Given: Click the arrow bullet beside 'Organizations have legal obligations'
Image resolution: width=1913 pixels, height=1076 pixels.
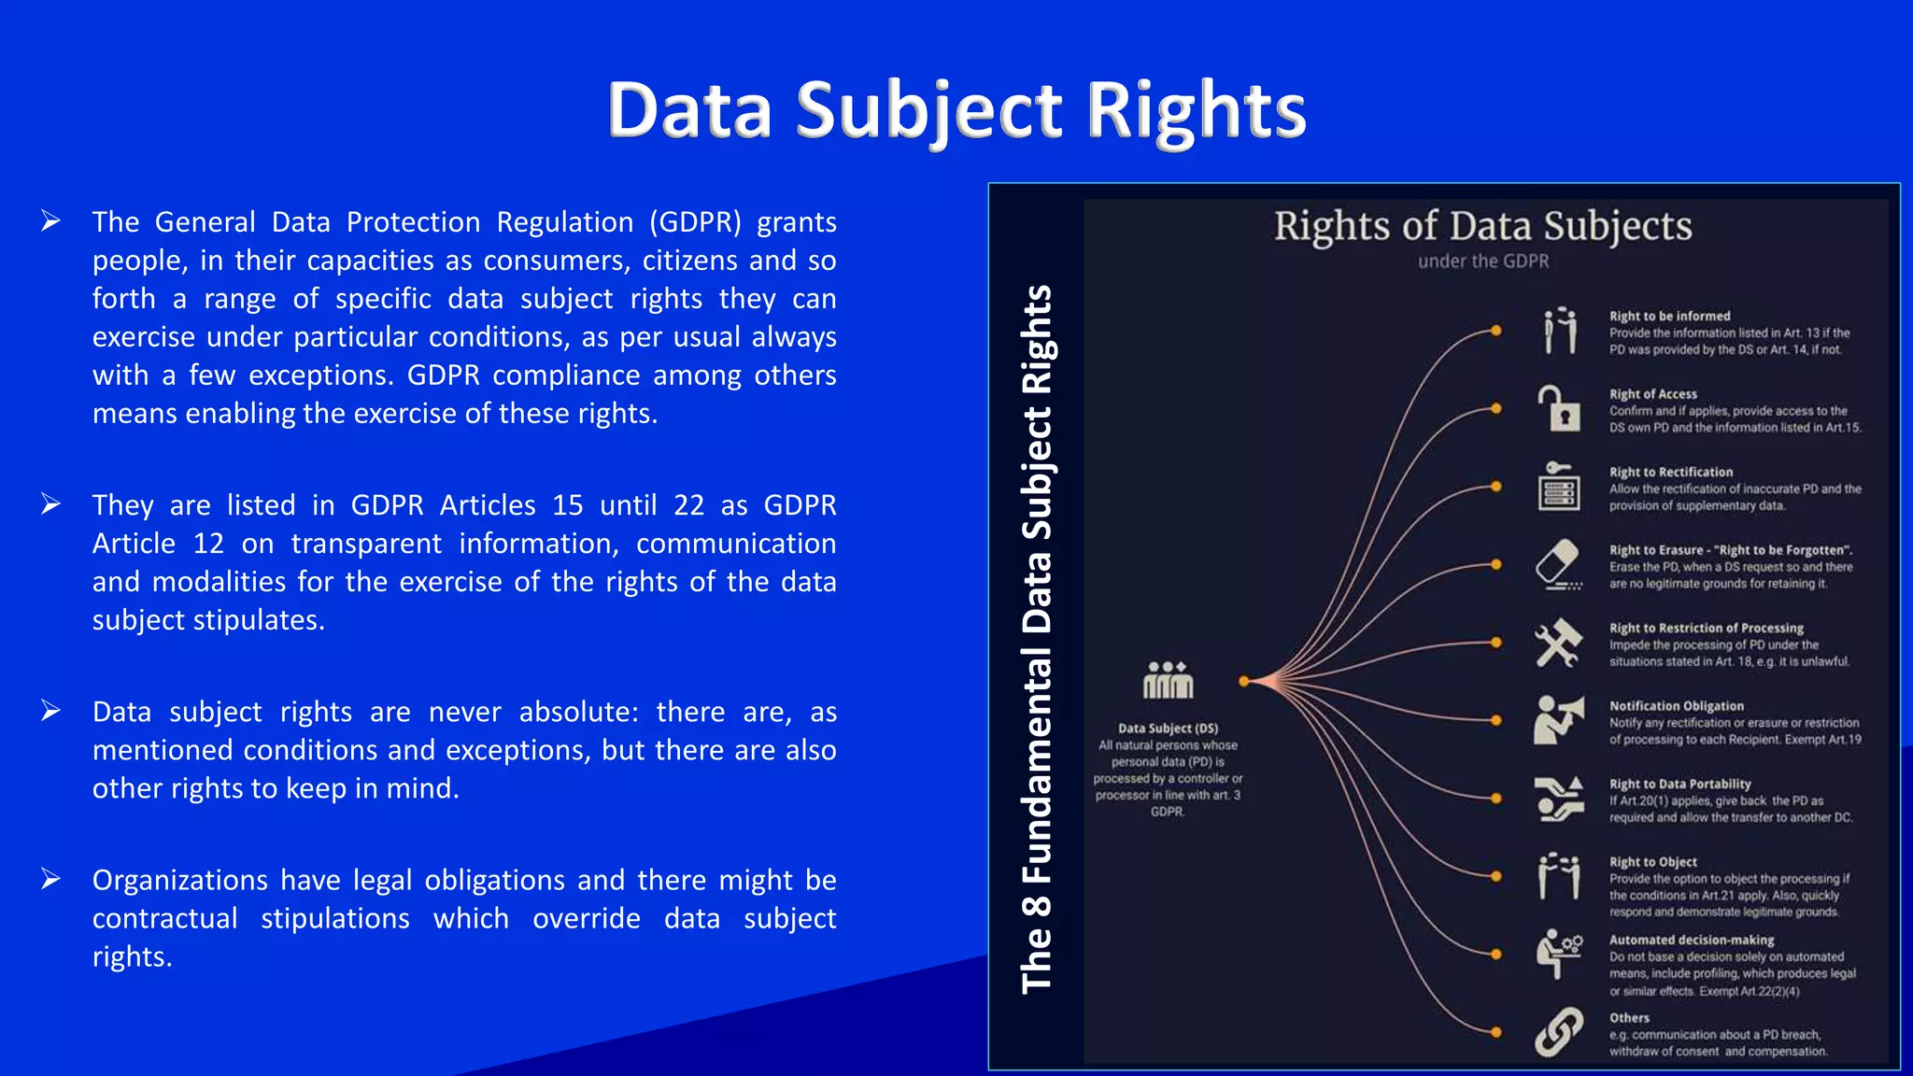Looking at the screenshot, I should point(50,879).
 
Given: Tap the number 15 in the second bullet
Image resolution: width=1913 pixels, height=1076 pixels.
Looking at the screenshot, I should point(567,505).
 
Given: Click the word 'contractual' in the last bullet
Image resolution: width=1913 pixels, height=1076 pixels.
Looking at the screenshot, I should point(164,918).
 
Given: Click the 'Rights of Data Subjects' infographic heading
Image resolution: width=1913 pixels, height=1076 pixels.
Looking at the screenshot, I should point(1482,226).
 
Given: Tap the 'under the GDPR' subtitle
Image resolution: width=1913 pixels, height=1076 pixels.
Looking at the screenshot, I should point(1482,262).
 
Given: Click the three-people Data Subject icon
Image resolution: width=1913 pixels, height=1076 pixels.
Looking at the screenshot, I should point(1168,680).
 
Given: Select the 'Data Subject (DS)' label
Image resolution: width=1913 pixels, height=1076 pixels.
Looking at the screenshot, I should point(1168,729).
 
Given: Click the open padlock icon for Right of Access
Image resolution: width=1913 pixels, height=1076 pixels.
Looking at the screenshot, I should point(1558,408).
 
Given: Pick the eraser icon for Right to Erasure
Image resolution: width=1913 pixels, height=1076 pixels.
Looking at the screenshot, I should point(1558,564).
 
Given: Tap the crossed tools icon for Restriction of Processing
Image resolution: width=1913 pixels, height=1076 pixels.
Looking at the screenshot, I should point(1558,643).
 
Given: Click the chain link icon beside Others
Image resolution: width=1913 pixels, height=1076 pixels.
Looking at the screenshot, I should point(1558,1032).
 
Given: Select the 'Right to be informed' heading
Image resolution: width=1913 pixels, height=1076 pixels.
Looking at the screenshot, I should point(1669,317).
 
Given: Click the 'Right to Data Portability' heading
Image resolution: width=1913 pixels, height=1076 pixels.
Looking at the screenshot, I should point(1679,785).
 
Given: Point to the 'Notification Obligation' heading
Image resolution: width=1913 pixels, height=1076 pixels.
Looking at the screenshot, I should point(1676,706).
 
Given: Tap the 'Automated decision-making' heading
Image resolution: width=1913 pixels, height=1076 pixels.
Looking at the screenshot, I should point(1691,941).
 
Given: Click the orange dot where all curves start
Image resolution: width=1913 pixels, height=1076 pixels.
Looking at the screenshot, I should point(1243,682).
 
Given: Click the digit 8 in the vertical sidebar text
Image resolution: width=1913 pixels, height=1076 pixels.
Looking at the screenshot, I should point(1037,905).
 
